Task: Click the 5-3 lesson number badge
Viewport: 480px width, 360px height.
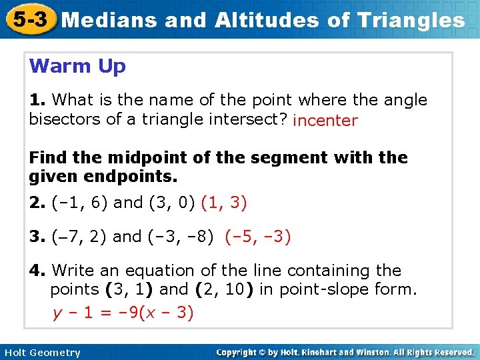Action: [28, 19]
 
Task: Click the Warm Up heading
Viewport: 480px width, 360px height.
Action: [77, 67]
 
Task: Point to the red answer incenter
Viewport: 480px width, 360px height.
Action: [325, 121]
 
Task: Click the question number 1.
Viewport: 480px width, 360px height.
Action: [37, 100]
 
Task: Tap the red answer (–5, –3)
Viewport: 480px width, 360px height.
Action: [257, 237]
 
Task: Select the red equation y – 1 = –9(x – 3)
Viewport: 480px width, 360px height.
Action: [123, 313]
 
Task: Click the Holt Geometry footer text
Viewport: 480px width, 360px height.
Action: [41, 352]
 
